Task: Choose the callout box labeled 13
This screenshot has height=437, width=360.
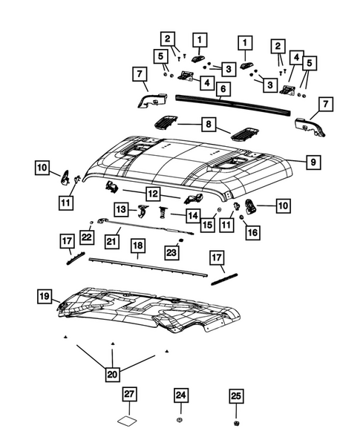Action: click(x=122, y=211)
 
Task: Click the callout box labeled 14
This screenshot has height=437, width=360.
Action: click(x=192, y=215)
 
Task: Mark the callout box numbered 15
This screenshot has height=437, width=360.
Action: click(x=207, y=224)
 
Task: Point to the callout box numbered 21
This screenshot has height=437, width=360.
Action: click(x=112, y=240)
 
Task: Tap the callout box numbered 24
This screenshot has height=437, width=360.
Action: click(x=181, y=396)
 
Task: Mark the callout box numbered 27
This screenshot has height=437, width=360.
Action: click(x=129, y=396)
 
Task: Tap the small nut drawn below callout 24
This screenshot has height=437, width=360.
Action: click(x=181, y=422)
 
